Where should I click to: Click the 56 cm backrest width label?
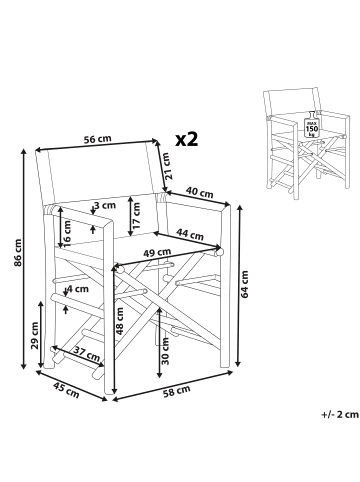click(x=97, y=139)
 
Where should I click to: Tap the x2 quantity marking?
click(x=187, y=139)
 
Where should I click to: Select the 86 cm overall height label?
click(x=18, y=252)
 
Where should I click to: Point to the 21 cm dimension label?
click(x=168, y=166)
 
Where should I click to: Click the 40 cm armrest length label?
click(x=199, y=193)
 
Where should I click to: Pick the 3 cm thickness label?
click(x=105, y=205)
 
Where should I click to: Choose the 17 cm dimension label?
click(x=136, y=216)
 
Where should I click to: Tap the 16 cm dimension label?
click(x=67, y=233)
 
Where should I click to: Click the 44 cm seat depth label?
click(x=190, y=235)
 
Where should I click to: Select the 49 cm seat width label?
click(x=157, y=253)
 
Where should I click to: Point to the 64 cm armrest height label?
click(x=244, y=284)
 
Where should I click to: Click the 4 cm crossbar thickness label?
click(x=79, y=289)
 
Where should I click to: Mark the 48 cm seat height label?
click(x=120, y=321)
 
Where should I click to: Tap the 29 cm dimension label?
click(x=34, y=336)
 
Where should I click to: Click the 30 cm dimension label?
click(x=165, y=351)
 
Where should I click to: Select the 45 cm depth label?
click(x=66, y=390)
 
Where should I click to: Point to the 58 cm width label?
click(x=177, y=392)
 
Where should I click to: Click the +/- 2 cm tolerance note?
click(x=340, y=414)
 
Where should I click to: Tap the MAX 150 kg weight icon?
click(x=312, y=124)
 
